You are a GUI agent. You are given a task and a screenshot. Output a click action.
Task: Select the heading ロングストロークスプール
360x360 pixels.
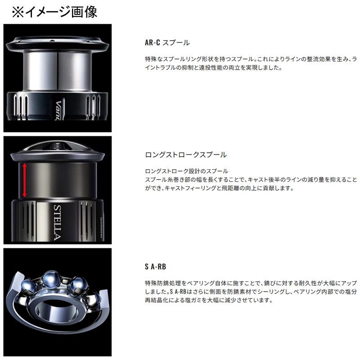click(186, 154)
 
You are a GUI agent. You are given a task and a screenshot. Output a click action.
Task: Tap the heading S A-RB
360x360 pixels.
click(156, 266)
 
